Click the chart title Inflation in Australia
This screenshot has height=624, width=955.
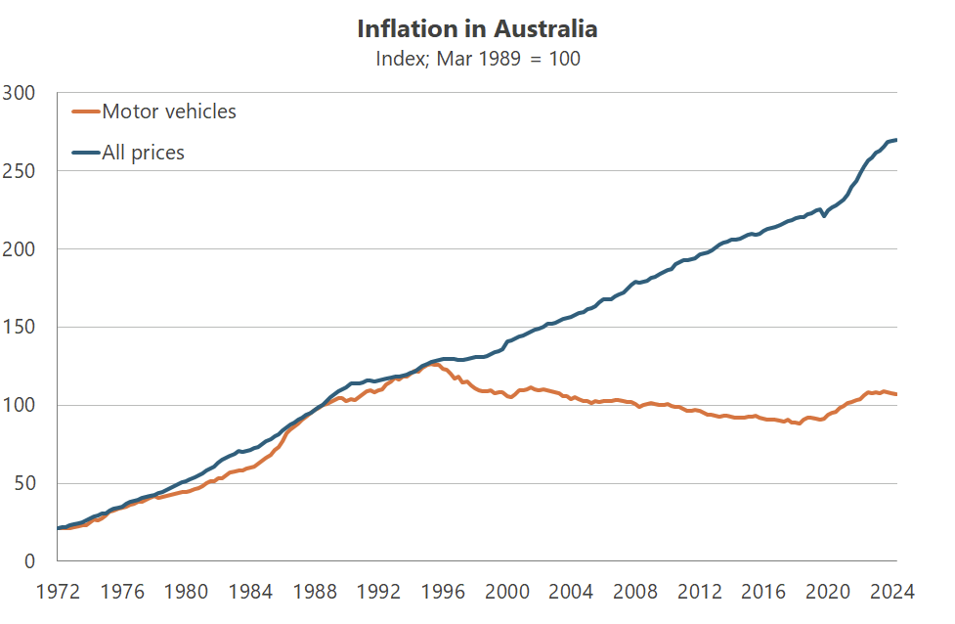[477, 28]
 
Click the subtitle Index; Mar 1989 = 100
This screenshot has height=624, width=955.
[477, 59]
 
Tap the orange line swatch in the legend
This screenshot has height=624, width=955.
[86, 111]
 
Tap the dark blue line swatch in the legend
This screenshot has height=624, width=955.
[86, 153]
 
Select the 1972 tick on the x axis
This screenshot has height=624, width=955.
[58, 591]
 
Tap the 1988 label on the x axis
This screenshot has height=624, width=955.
[315, 591]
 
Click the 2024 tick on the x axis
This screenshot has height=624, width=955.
[892, 591]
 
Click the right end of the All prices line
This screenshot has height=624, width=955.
[896, 140]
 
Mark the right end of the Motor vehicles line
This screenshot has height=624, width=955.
[896, 394]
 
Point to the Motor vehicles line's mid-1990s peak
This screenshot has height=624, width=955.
[432, 364]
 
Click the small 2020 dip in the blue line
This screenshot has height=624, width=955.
[824, 215]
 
